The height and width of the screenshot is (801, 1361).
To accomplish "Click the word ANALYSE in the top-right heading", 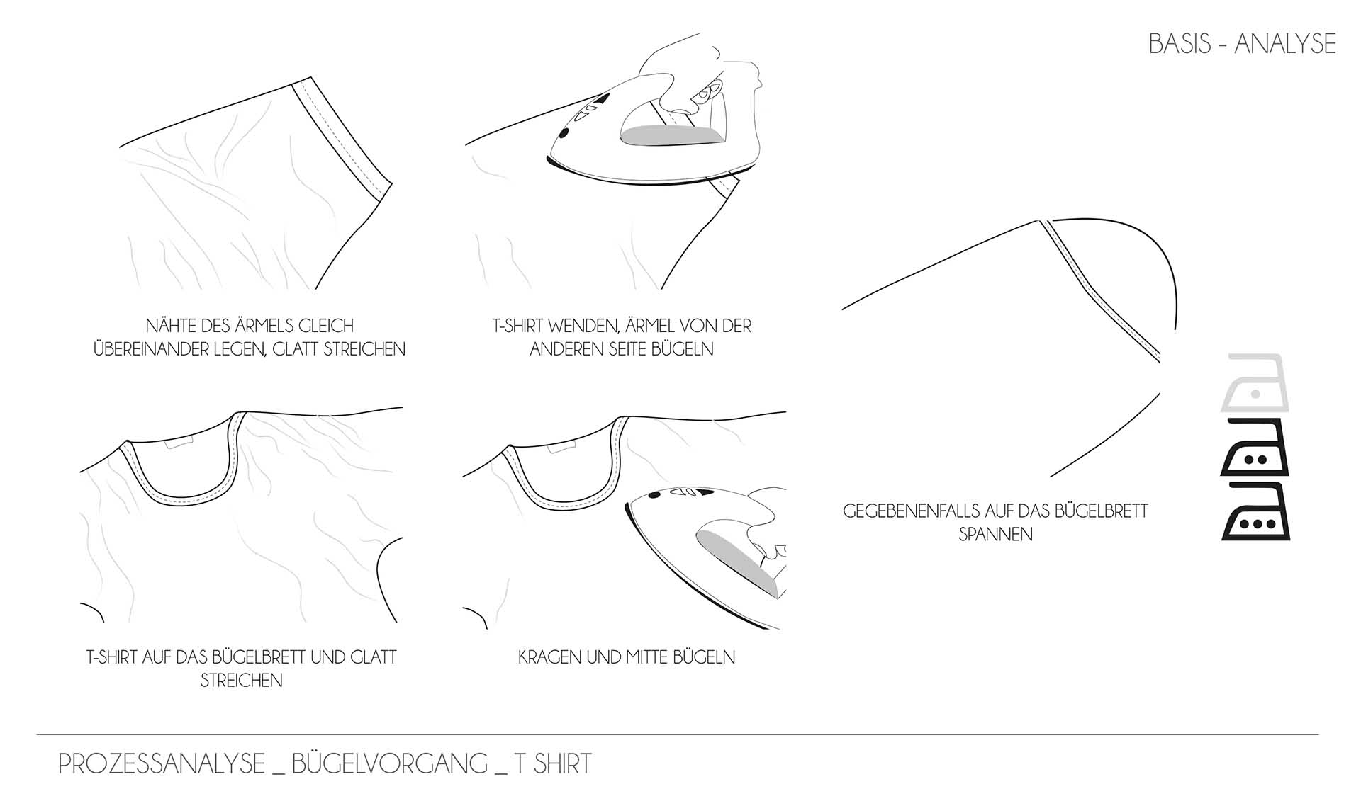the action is click(x=1285, y=44).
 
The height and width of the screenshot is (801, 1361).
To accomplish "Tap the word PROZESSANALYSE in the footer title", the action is click(x=162, y=763).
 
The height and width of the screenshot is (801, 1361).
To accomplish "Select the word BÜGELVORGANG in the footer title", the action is click(x=390, y=763).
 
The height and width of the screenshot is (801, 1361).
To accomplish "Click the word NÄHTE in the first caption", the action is click(x=171, y=326).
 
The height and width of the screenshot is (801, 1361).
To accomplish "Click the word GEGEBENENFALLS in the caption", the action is click(x=909, y=511).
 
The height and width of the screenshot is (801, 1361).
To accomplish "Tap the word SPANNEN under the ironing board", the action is click(x=995, y=535).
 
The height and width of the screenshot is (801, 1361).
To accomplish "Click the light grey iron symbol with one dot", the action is click(x=1255, y=383).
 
